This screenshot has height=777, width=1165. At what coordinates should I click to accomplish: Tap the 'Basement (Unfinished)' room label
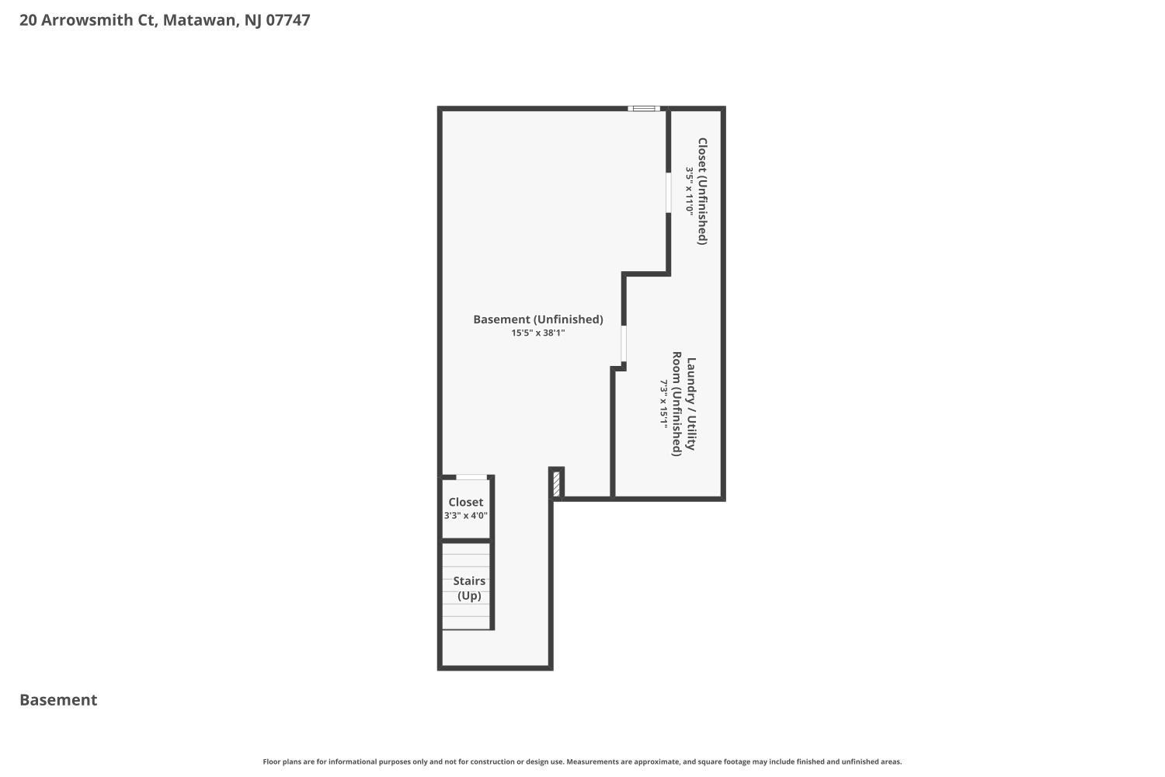537,319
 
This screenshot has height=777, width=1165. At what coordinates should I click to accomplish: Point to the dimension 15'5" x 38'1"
537,333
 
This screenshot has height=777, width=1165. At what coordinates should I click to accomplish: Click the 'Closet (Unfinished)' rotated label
702,191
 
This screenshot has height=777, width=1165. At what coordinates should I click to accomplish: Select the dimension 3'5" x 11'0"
689,191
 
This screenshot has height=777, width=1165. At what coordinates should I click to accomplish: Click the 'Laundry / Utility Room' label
683,405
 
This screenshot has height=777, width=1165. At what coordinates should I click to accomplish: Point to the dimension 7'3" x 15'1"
664,405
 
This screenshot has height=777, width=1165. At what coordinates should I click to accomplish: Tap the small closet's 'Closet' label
465,503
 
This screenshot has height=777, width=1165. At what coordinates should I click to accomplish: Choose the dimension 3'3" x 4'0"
465,516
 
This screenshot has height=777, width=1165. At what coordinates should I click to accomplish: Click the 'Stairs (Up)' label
469,588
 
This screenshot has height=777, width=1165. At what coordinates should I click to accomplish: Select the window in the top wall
644,109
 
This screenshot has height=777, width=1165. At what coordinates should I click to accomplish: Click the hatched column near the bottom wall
556,484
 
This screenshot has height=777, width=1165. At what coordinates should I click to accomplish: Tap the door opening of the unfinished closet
668,192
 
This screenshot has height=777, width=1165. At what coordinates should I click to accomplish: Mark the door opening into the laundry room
623,344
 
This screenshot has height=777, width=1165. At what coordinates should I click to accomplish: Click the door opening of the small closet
471,477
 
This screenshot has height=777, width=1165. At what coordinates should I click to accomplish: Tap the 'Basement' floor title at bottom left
58,700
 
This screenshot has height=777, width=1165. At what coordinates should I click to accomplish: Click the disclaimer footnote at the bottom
582,762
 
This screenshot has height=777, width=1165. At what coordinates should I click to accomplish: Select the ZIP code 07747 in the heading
288,20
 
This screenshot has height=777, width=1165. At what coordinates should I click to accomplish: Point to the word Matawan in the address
199,20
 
